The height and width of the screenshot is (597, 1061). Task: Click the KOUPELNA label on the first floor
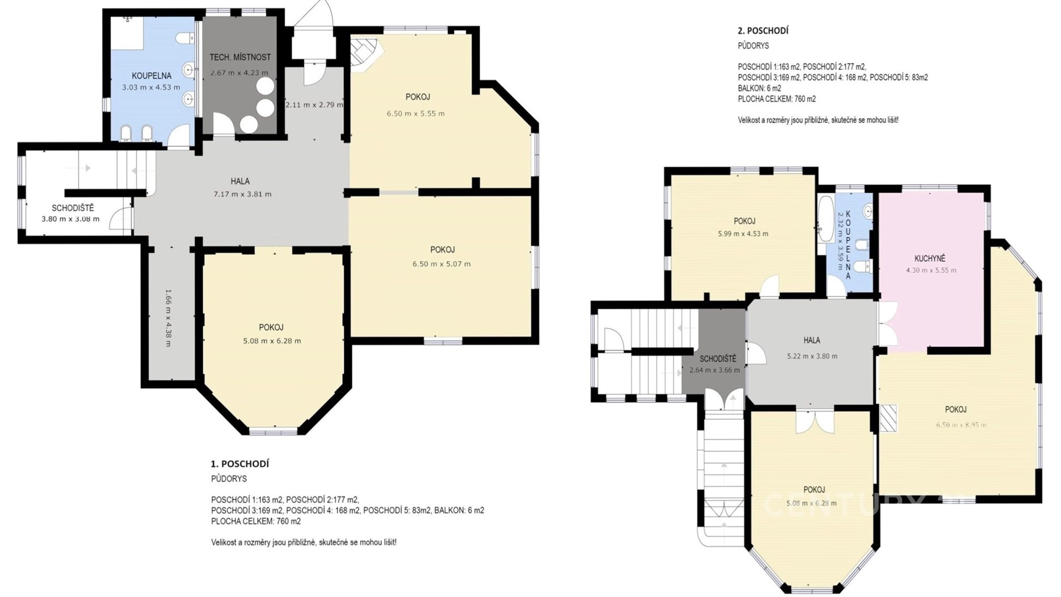[151, 76]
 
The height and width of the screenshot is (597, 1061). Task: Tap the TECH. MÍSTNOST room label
[240, 57]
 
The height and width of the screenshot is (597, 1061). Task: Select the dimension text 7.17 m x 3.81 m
[243, 194]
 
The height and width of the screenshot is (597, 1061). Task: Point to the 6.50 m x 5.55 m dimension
[416, 114]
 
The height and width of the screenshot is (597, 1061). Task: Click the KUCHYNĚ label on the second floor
[930, 258]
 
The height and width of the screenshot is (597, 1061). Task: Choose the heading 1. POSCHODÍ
[240, 464]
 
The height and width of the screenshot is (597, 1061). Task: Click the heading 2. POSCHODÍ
[763, 31]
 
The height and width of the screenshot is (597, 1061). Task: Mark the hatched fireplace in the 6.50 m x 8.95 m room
[888, 418]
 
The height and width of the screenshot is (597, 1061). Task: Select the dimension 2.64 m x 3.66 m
[715, 370]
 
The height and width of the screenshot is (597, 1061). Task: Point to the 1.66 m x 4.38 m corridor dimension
[169, 318]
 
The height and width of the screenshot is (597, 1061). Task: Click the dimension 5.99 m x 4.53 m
[743, 234]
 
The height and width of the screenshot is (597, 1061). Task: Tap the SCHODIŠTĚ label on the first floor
[73, 208]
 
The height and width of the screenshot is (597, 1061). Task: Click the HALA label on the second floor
[812, 340]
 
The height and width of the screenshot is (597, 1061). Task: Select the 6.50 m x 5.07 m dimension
[442, 264]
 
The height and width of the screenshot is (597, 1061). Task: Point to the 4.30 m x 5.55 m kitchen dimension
[931, 271]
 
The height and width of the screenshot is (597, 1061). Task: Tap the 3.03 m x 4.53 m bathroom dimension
[151, 87]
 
